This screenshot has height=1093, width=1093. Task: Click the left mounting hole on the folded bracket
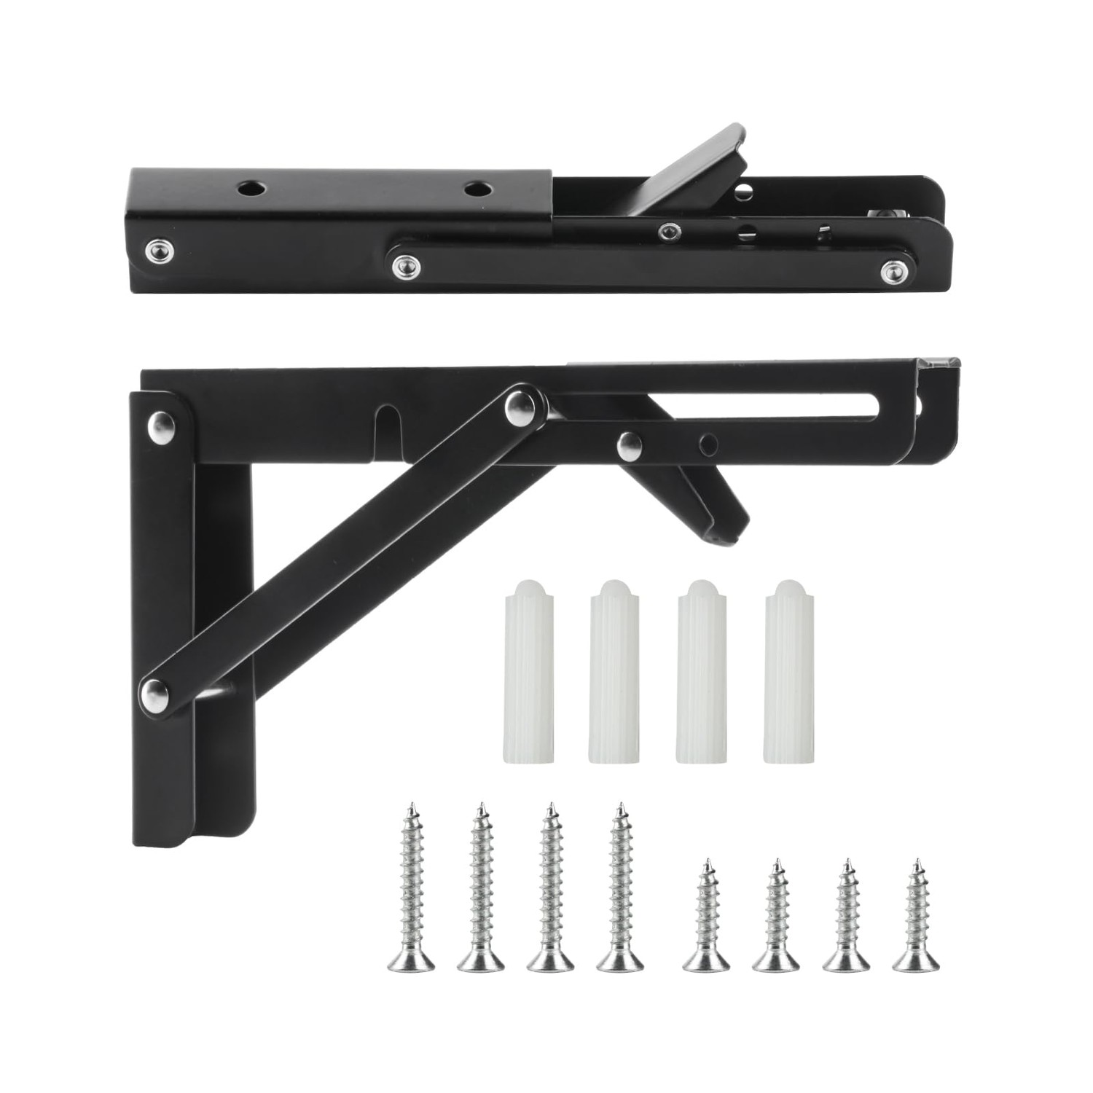click(x=249, y=188)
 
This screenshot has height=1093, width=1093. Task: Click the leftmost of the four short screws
click(x=705, y=918)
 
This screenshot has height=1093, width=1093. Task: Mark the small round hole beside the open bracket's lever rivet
click(x=705, y=443)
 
